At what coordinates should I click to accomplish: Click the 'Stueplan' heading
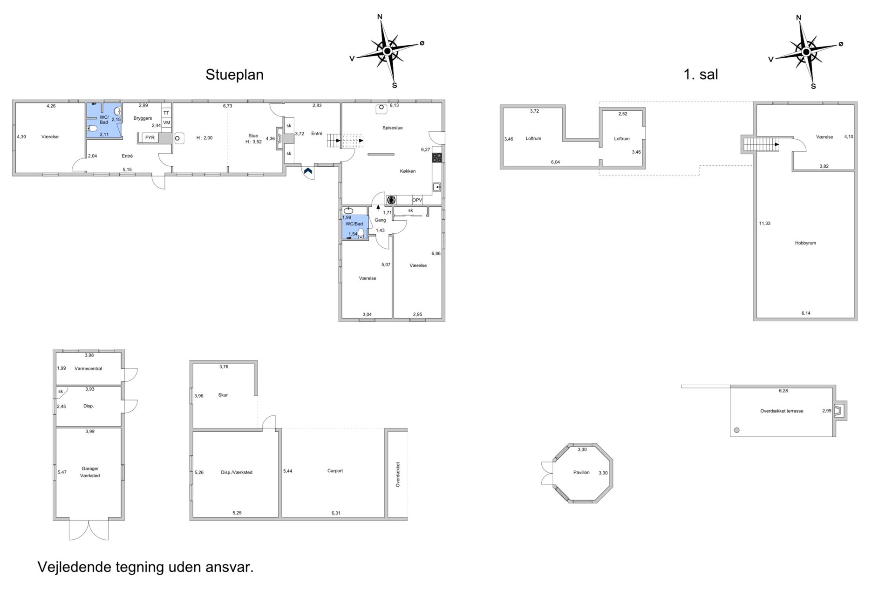(x=234, y=75)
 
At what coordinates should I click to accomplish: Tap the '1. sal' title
(x=701, y=75)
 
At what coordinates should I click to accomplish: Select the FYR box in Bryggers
(x=150, y=138)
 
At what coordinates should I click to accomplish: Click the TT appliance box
(x=166, y=113)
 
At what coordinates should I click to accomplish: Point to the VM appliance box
(x=166, y=123)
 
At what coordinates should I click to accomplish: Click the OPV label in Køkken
(x=417, y=200)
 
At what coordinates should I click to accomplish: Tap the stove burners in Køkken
(x=437, y=157)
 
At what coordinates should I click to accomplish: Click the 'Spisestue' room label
(x=393, y=128)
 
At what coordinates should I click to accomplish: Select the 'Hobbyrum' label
(x=805, y=243)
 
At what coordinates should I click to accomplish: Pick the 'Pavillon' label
(x=581, y=472)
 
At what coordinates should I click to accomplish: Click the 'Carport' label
(x=335, y=471)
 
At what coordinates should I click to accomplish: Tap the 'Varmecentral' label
(x=88, y=368)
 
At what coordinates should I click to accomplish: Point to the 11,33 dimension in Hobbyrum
(x=765, y=224)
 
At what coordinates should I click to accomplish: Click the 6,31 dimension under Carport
(x=336, y=513)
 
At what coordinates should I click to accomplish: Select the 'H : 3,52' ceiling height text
(x=253, y=142)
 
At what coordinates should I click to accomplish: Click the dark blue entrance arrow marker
(x=308, y=171)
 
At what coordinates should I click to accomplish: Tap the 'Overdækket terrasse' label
(x=782, y=411)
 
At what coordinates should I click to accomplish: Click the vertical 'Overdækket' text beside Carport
(x=398, y=474)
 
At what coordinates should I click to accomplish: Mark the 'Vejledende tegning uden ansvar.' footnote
(x=145, y=567)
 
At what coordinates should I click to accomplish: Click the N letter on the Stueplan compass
(x=380, y=17)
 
